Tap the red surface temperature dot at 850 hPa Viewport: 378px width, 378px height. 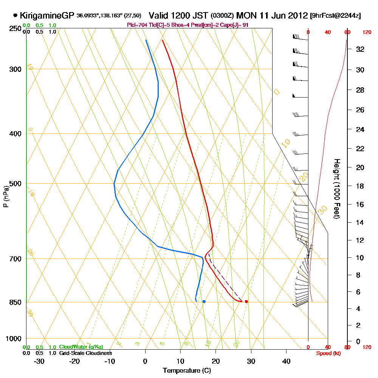pyautogui.click(x=246, y=301)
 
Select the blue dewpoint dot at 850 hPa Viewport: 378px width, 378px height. pyautogui.click(x=204, y=301)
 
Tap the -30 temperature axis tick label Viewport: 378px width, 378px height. pyautogui.click(x=39, y=361)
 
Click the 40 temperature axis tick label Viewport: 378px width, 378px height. pyautogui.click(x=286, y=361)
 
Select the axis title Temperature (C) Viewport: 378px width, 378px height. pyautogui.click(x=186, y=370)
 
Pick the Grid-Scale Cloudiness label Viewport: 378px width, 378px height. pyautogui.click(x=85, y=353)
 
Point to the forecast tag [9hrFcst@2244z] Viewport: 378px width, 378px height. pyautogui.click(x=335, y=16)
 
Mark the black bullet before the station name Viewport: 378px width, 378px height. pyautogui.click(x=15, y=15)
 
